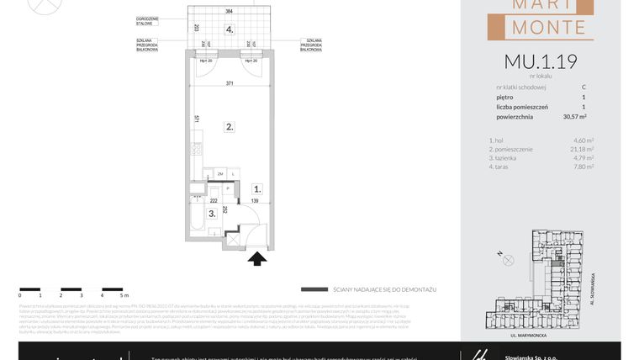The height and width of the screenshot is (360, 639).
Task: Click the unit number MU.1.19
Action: click(x=540, y=61)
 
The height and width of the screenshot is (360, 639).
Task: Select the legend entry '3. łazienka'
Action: click(x=502, y=157)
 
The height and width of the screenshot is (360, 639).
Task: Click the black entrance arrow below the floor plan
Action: click(x=257, y=258)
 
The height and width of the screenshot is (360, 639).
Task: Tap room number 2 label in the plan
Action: click(x=229, y=128)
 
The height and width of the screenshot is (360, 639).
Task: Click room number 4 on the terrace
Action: click(x=229, y=29)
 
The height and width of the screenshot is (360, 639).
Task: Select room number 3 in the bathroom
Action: click(x=213, y=214)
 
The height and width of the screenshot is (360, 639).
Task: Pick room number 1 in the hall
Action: click(x=257, y=190)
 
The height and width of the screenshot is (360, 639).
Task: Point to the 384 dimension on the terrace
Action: click(x=229, y=12)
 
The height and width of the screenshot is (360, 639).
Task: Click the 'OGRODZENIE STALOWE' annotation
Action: click(x=148, y=20)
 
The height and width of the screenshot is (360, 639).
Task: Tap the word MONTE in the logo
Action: click(x=540, y=28)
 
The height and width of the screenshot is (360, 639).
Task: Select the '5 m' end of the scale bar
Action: click(x=123, y=295)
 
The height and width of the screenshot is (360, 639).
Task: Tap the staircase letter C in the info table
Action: click(x=584, y=87)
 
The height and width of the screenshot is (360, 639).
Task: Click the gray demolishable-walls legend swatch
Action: click(x=314, y=289)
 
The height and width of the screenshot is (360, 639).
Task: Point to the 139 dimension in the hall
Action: click(x=254, y=202)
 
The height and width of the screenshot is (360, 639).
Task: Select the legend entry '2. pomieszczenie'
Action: click(x=509, y=149)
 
